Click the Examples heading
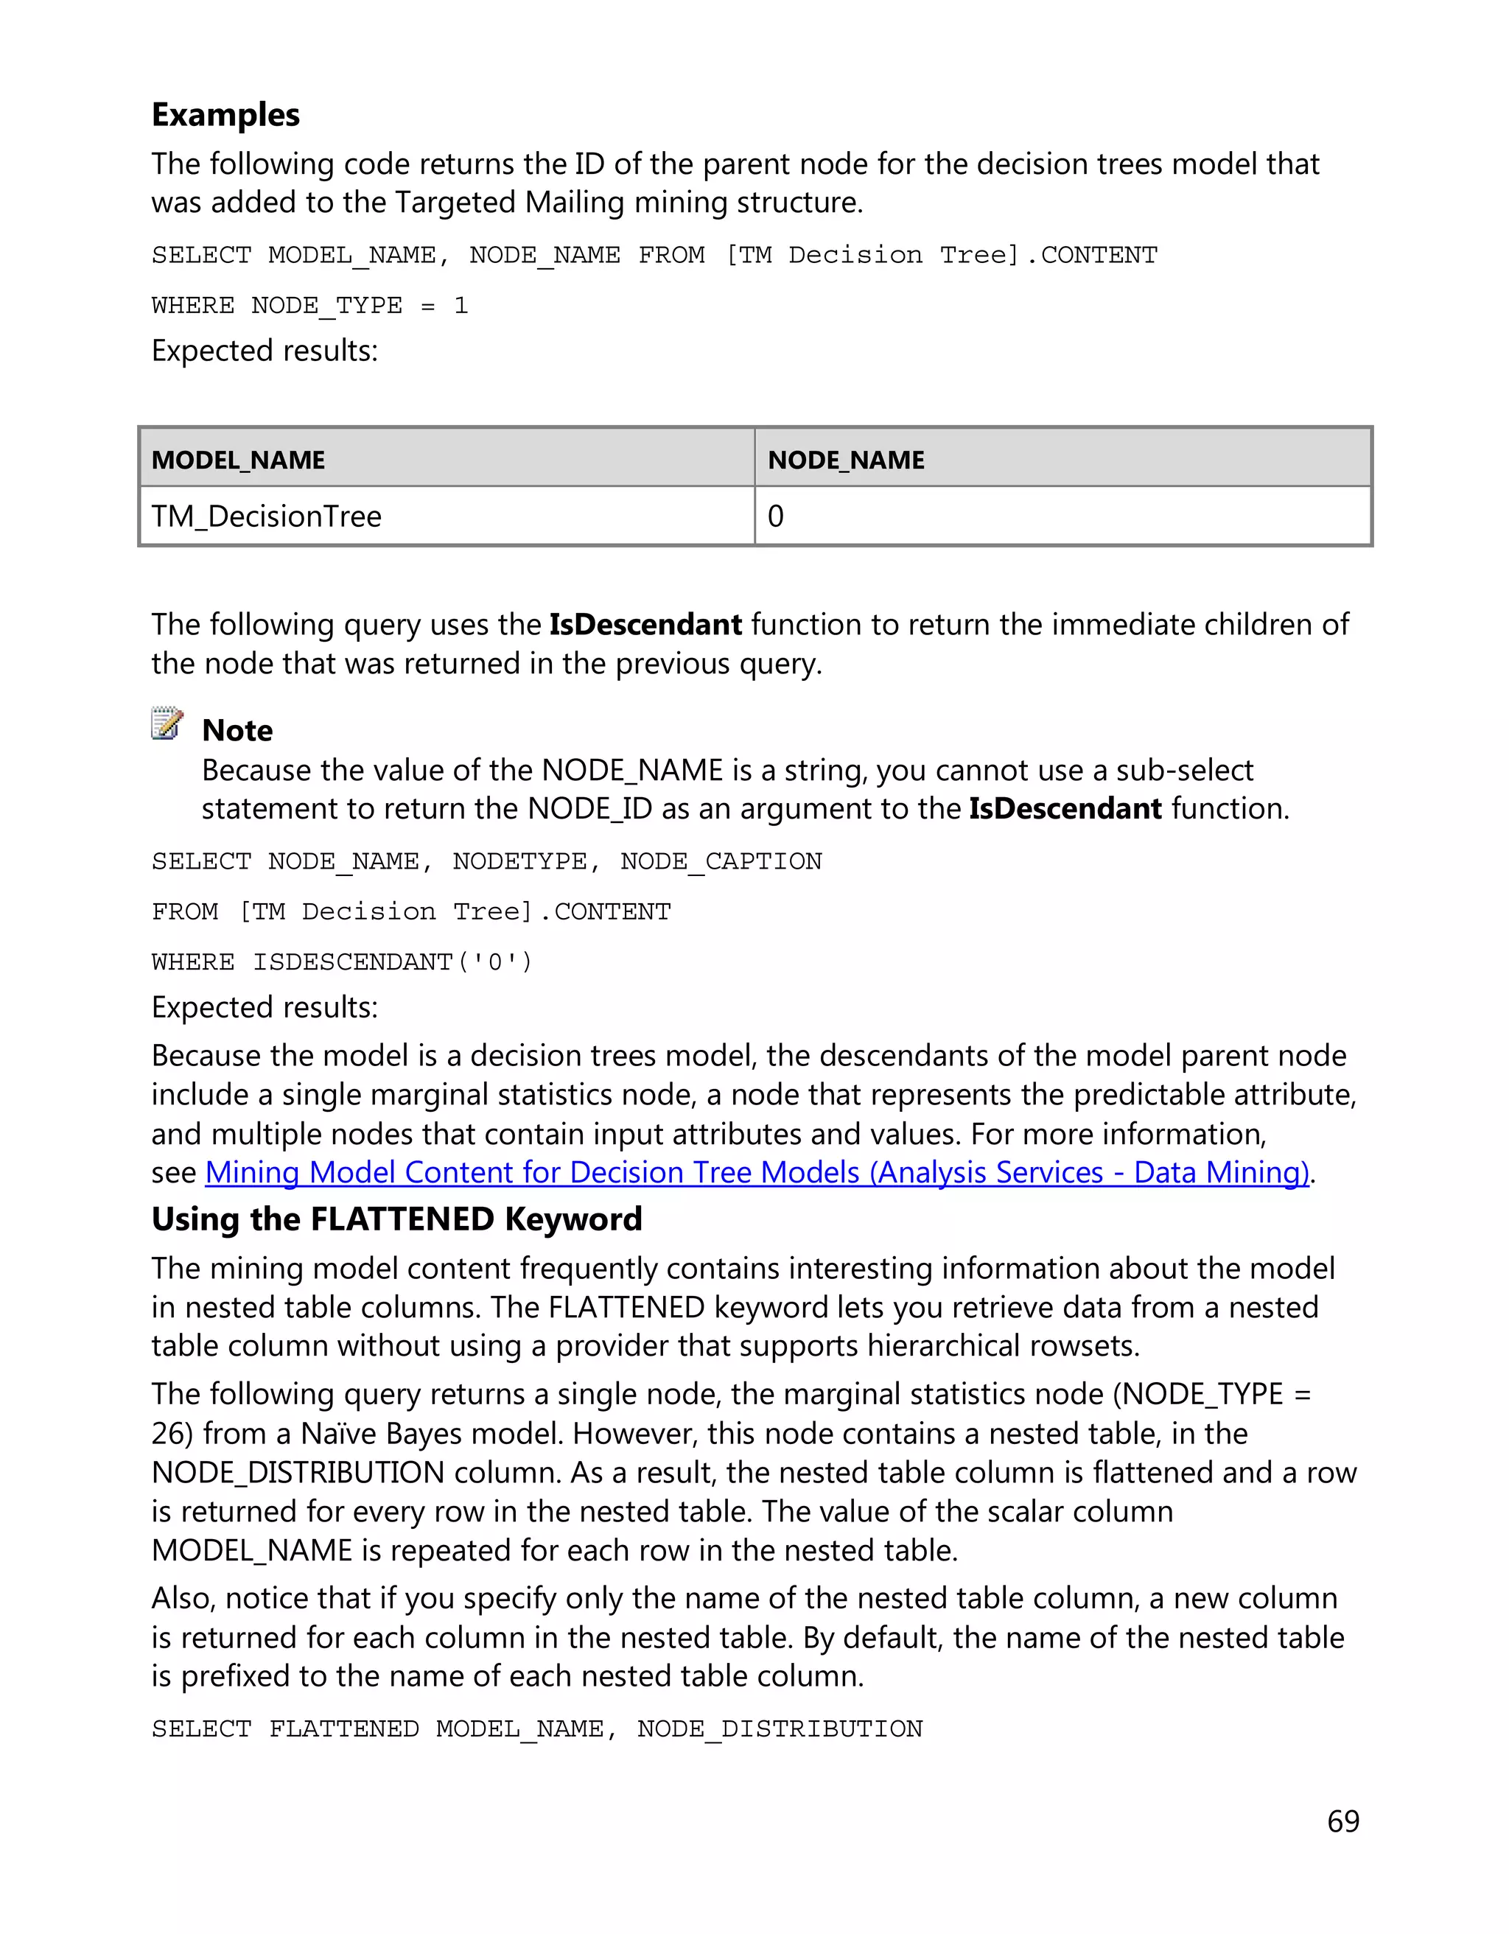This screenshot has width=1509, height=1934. [225, 115]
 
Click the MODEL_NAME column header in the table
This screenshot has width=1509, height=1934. [237, 460]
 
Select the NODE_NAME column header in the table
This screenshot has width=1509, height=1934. [846, 460]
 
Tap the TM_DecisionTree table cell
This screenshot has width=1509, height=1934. [266, 516]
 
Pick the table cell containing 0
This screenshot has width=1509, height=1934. [776, 516]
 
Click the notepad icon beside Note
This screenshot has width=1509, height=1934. [167, 724]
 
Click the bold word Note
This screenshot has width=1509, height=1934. [237, 731]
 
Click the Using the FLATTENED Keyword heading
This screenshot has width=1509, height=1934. [396, 1219]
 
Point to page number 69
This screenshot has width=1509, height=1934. [1342, 1821]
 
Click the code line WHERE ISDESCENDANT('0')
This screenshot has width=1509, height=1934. [342, 961]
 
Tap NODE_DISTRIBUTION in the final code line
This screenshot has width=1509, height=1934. [780, 1728]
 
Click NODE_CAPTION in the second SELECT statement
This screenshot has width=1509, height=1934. [721, 861]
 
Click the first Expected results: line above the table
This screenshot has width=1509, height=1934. [264, 351]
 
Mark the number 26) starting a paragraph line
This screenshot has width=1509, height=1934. [172, 1434]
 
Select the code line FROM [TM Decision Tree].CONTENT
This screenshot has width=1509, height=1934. [411, 911]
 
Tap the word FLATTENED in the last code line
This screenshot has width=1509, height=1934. [343, 1728]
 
